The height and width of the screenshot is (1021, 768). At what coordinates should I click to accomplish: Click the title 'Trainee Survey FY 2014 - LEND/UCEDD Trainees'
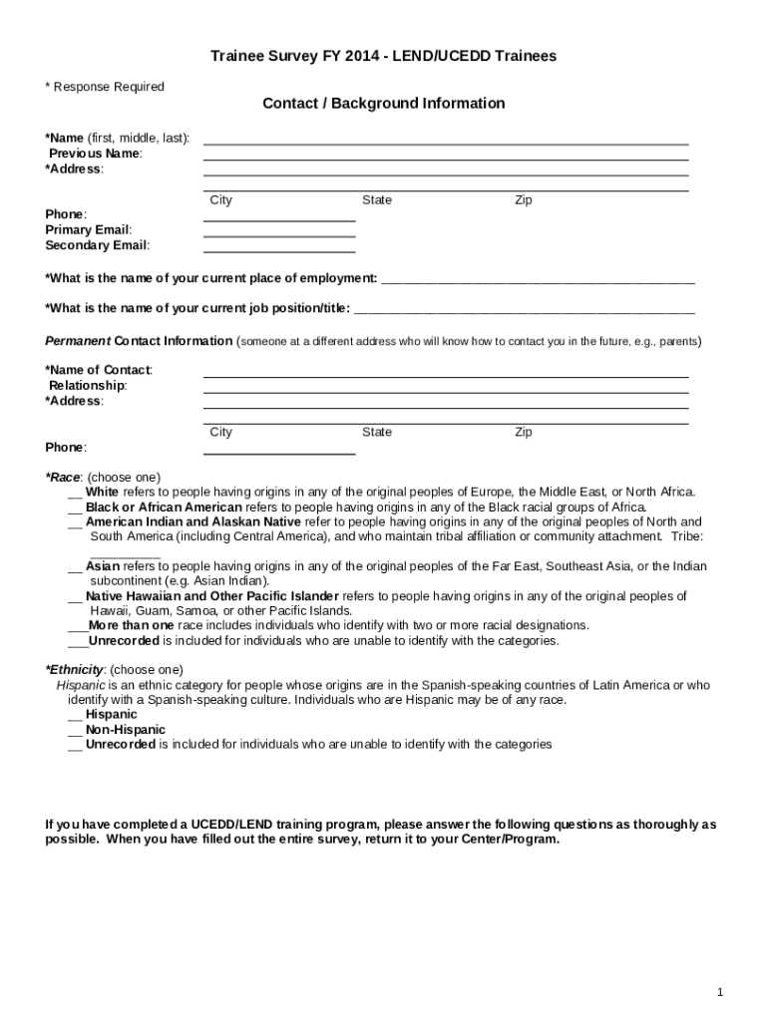(383, 57)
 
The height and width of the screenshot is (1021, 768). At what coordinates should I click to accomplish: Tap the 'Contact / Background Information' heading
(383, 104)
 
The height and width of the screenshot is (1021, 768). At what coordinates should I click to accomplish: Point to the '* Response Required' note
(105, 87)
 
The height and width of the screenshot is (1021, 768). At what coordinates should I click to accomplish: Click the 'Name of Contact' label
(100, 370)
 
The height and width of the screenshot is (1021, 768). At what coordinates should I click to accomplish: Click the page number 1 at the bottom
(719, 992)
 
